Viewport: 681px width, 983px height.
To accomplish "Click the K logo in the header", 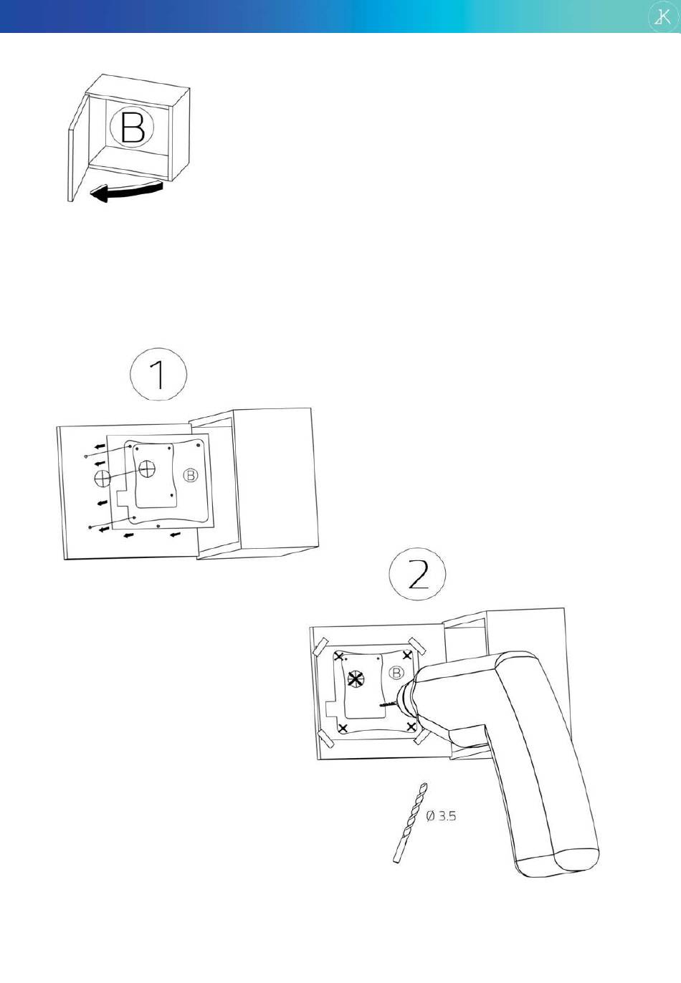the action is [662, 17].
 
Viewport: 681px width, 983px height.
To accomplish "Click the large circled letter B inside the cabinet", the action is [132, 128].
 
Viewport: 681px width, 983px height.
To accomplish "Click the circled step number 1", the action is [158, 373].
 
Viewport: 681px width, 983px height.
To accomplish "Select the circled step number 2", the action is [417, 575].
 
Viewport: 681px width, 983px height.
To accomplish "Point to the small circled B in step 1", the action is [190, 475].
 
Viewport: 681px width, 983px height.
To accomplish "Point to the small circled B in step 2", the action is [396, 673].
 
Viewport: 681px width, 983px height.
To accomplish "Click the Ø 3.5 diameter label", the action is [441, 816].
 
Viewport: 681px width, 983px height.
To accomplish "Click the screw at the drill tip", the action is [388, 704].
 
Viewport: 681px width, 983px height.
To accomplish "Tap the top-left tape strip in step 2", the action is [322, 646].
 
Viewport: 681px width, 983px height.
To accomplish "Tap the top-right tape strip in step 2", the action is [416, 645].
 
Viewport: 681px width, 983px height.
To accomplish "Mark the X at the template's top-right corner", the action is [407, 656].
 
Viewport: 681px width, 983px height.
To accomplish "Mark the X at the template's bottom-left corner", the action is [343, 729].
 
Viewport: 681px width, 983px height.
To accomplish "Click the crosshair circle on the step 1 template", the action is [147, 469].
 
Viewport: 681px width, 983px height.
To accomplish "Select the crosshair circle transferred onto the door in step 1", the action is [103, 477].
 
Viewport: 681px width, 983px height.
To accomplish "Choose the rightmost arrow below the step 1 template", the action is [175, 534].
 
